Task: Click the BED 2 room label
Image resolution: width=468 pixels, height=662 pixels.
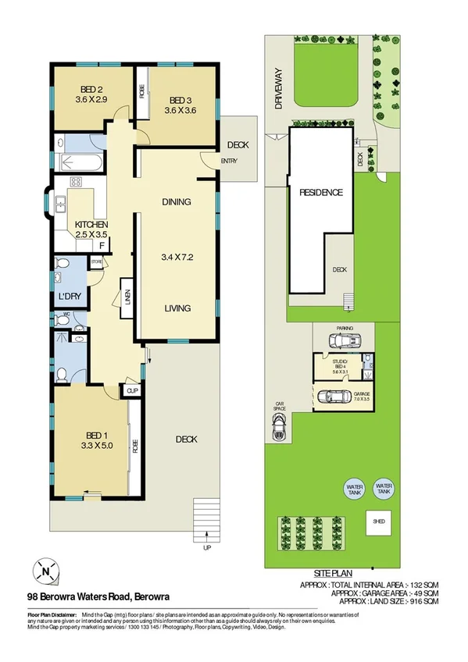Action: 92,88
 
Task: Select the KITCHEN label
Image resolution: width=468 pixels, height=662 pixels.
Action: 91,224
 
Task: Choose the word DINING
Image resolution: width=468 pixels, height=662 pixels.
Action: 177,202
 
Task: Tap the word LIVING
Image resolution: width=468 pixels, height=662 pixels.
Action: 177,308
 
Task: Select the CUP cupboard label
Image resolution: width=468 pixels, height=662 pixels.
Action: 132,390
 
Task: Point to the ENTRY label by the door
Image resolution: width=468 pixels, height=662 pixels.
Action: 229,162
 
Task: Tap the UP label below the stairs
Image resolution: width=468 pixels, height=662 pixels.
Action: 206,547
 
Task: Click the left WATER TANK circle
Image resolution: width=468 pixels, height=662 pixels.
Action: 355,488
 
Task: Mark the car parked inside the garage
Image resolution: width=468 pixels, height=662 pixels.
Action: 338,397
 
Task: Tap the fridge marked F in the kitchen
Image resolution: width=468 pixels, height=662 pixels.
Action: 102,244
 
